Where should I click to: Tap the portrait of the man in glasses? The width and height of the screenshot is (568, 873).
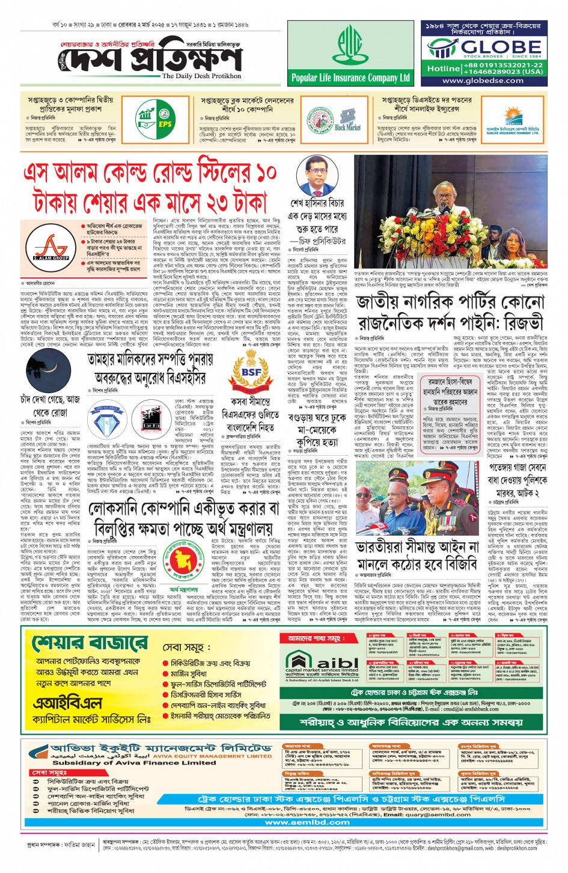coord(316,174)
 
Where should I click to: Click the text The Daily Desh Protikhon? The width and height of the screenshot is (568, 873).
coord(201,76)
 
